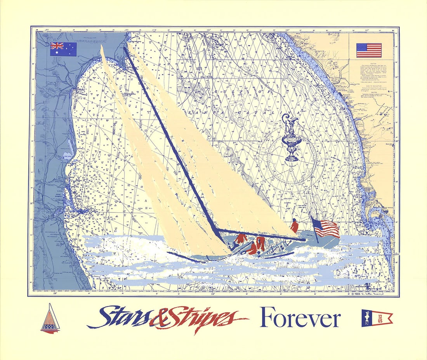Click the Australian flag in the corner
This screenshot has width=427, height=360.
63,49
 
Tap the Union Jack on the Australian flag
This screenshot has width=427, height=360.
57,45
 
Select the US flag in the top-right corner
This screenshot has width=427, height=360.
369,50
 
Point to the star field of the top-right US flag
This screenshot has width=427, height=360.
362,47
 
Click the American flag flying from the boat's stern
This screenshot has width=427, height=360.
327,229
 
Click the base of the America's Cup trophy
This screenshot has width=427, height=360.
292,157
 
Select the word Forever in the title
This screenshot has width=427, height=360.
300,318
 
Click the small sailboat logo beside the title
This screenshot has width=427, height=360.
50,318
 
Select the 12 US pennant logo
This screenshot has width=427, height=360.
377,318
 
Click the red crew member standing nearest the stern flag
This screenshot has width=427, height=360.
295,226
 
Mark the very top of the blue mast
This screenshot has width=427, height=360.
125,49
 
